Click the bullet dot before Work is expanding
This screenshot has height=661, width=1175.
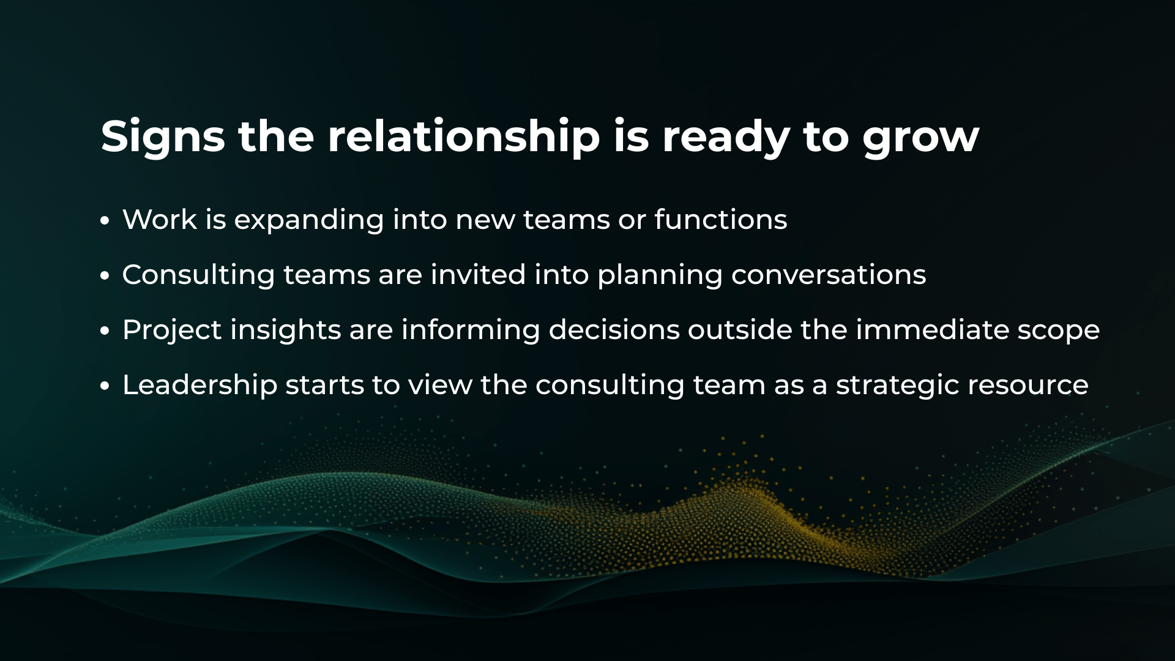click(x=105, y=221)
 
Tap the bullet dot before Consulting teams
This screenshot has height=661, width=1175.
click(x=105, y=276)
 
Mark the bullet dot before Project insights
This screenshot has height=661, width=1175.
click(x=105, y=331)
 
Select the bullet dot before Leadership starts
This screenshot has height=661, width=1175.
click(x=105, y=386)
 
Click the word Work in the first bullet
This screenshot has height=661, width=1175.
click(x=160, y=219)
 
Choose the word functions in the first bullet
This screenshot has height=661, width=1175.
click(x=721, y=219)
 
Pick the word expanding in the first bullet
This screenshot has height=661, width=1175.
click(x=309, y=221)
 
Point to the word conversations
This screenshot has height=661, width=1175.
click(x=829, y=275)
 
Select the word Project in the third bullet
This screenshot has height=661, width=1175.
click(x=172, y=331)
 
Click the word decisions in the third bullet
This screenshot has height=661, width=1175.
click(x=614, y=329)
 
